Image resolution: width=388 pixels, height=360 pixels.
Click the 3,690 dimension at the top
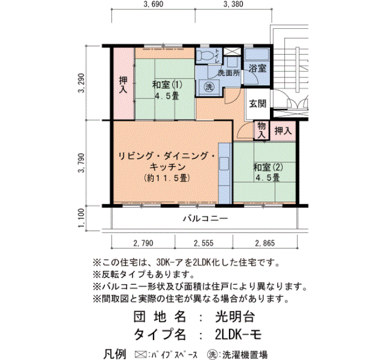pos(153,4)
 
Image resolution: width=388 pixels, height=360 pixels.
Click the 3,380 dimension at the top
pos(233,4)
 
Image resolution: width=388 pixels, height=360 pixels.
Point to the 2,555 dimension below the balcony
pos(203,243)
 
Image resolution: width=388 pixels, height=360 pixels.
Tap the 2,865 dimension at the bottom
pos(265,243)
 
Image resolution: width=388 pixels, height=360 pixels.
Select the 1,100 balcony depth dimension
pos(81,218)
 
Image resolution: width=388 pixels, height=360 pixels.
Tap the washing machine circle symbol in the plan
pos(209,87)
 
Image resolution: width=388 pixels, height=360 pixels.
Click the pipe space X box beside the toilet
pos(232,52)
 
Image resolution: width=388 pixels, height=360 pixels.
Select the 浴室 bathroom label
pos(258,68)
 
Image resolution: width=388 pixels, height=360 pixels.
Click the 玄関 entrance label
pos(258,104)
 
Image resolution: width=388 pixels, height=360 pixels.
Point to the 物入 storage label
pos(261,130)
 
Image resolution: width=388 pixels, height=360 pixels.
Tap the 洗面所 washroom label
pos(229,73)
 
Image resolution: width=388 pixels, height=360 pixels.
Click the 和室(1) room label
pos(167,85)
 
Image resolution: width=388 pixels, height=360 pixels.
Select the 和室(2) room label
pos(268,167)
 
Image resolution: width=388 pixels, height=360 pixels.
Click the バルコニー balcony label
pos(206,219)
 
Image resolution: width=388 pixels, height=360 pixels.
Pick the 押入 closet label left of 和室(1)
pos(123,85)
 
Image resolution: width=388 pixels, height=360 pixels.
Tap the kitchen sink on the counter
pos(224,163)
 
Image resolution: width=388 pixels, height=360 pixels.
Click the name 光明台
pos(235,317)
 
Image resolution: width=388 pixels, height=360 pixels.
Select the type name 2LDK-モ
pos(238,335)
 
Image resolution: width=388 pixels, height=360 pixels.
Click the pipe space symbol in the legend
pos(140,354)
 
